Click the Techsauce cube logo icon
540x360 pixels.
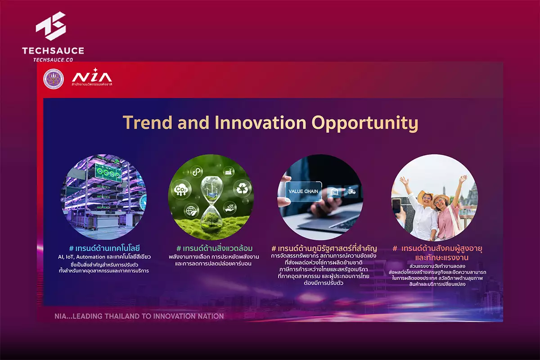click(x=51, y=26)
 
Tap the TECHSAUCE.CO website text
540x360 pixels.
click(x=53, y=60)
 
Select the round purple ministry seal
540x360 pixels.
click(x=54, y=79)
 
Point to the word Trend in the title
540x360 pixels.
click(x=148, y=122)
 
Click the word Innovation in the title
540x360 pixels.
click(x=261, y=122)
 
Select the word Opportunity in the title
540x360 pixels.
click(x=365, y=123)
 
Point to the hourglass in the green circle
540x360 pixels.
click(x=212, y=201)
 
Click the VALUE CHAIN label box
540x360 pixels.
click(x=303, y=191)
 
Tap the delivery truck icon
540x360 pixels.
click(x=351, y=192)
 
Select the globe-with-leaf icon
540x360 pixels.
click(x=191, y=211)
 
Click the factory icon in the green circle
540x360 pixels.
click(x=229, y=172)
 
